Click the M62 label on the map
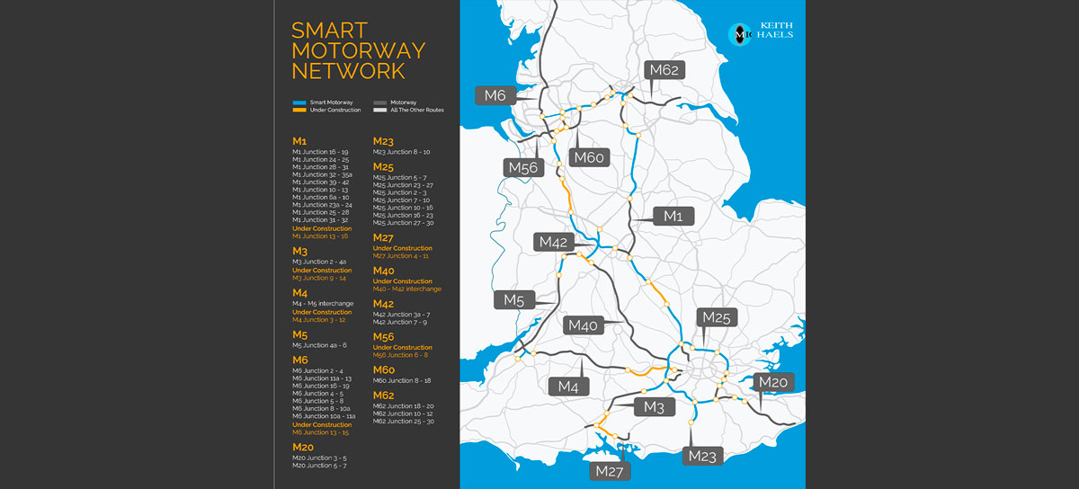[x=664, y=71]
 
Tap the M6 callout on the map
[x=495, y=95]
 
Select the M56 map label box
[x=522, y=167]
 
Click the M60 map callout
[x=588, y=157]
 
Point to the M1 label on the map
[x=673, y=216]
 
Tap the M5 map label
[x=513, y=299]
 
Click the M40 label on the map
[x=582, y=325]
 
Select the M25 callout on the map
[x=717, y=317]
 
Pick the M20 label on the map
[x=773, y=382]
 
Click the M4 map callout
[x=567, y=386]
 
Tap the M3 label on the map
[x=654, y=407]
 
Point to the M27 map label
[x=610, y=470]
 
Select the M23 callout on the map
[x=702, y=456]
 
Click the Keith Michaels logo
[x=760, y=33]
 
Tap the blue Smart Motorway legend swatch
[x=300, y=103]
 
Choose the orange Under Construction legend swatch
[x=300, y=110]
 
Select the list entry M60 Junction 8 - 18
[x=402, y=380]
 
